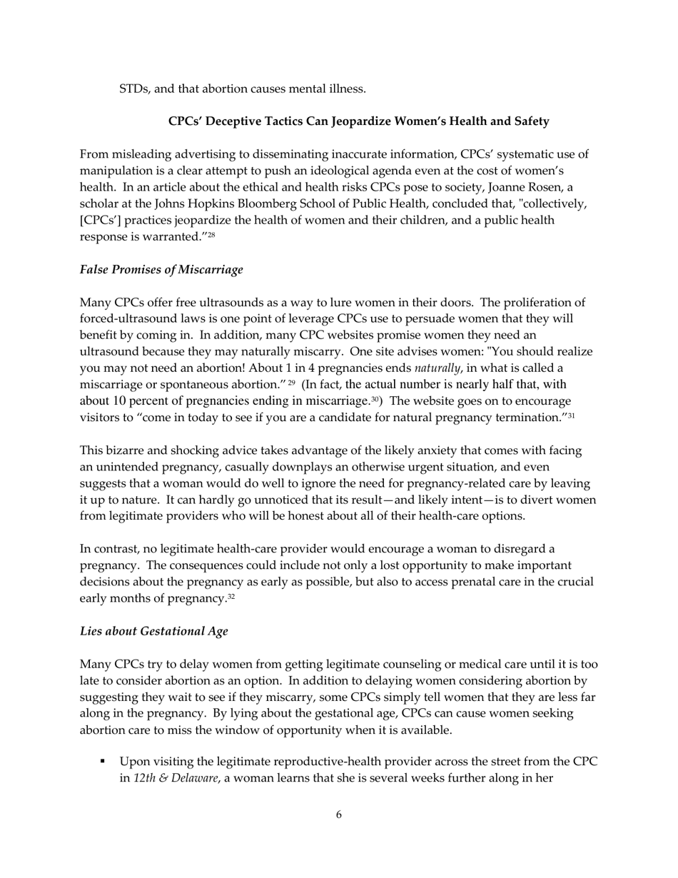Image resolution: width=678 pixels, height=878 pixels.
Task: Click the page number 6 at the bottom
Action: click(338, 814)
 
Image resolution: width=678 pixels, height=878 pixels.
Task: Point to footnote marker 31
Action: click(571, 415)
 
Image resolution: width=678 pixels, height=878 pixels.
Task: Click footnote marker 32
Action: click(231, 596)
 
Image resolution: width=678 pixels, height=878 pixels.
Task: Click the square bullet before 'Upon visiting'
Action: click(103, 761)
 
